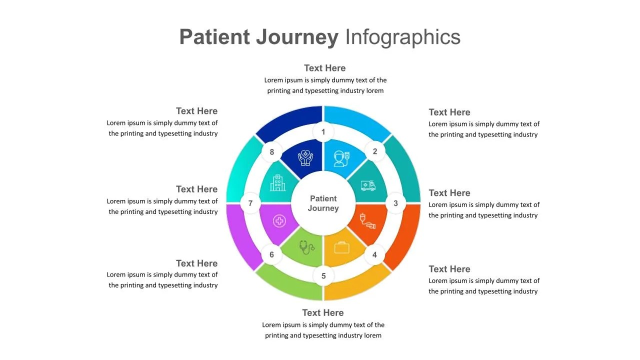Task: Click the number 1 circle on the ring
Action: [x=323, y=132]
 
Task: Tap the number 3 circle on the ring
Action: [x=395, y=203]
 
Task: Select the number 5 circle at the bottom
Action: [x=323, y=276]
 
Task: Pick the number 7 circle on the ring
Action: [x=250, y=203]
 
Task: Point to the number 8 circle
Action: [x=272, y=152]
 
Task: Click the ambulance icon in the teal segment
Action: [x=367, y=185]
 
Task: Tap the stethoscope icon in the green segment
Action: [x=306, y=247]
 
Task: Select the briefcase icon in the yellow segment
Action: [x=342, y=247]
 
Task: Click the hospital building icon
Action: [x=278, y=183]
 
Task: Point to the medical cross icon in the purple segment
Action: [x=279, y=221]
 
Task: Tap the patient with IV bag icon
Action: [x=341, y=158]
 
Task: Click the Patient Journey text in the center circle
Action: [x=323, y=203]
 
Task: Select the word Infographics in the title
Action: [x=402, y=37]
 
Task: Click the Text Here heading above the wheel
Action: [x=324, y=68]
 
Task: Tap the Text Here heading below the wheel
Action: [x=322, y=313]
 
